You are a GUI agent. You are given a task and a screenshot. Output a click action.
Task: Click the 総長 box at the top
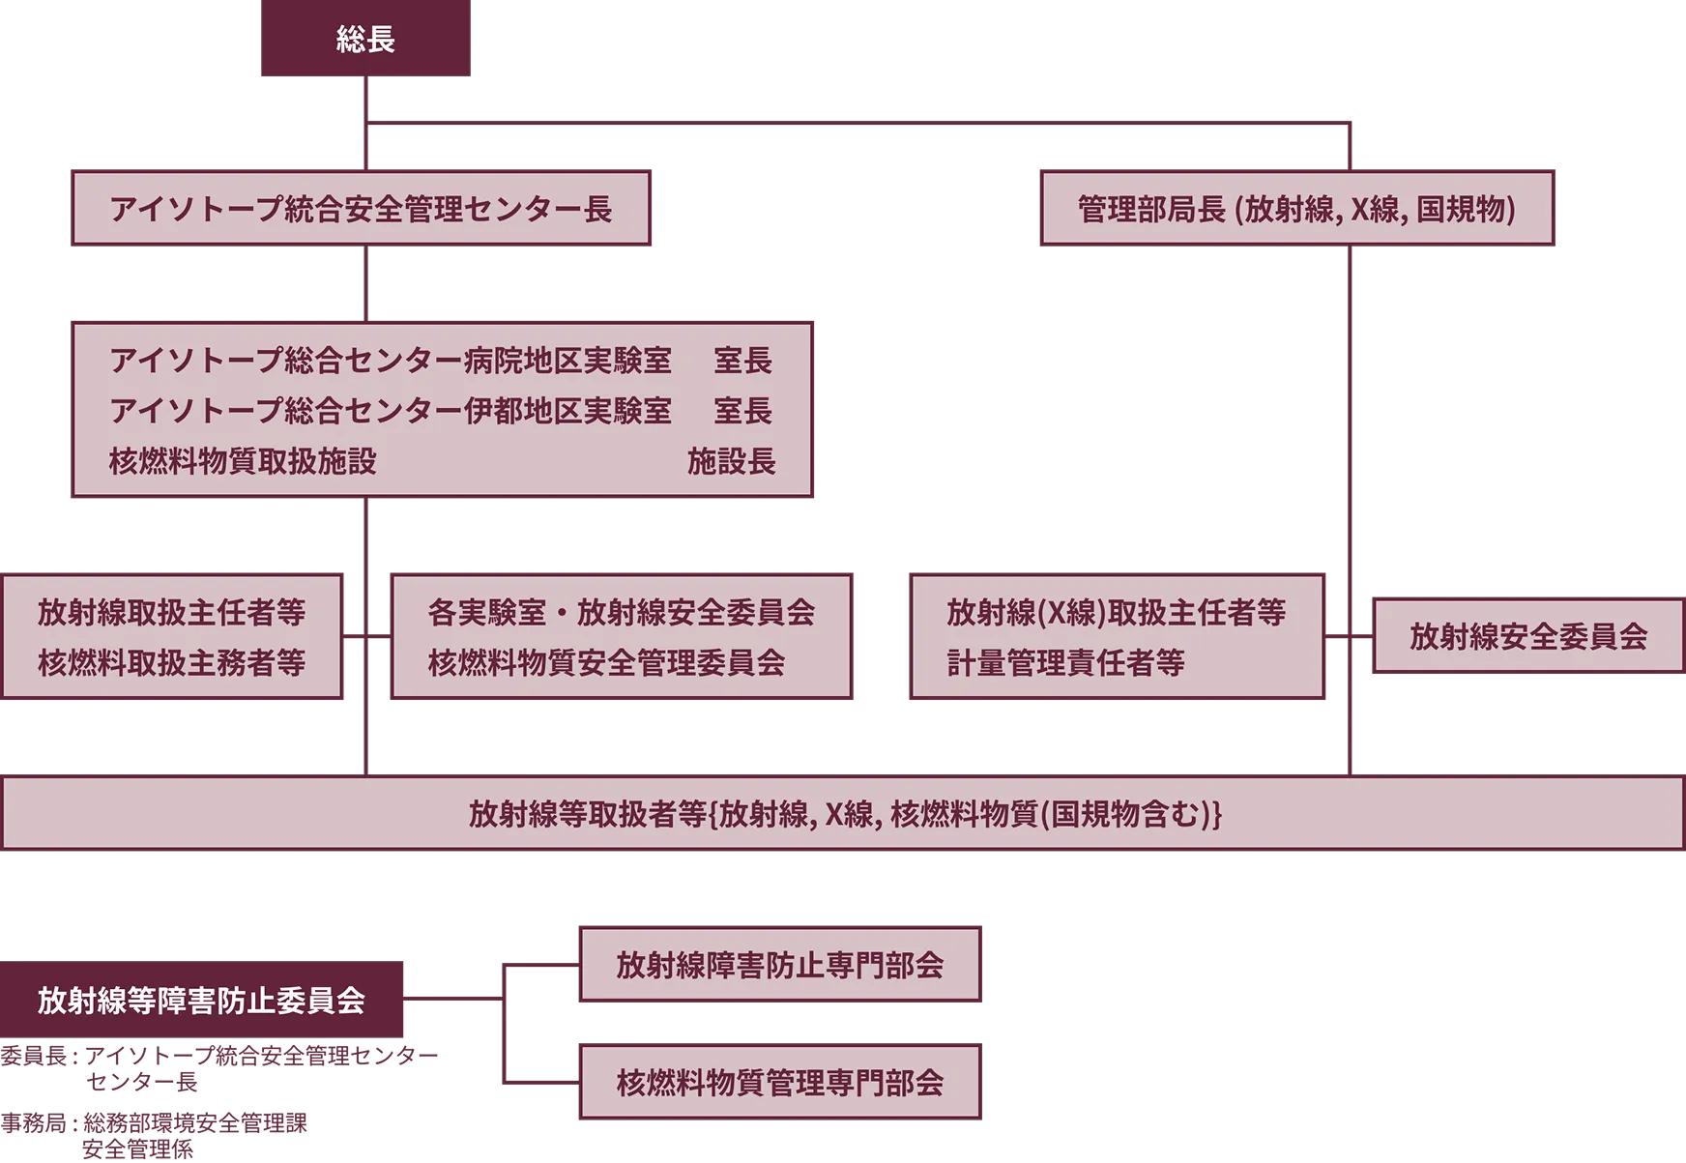[x=365, y=38]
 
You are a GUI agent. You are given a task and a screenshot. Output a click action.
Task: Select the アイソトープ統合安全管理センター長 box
[x=361, y=208]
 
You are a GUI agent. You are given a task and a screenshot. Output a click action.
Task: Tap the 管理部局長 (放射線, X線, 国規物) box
[x=1297, y=208]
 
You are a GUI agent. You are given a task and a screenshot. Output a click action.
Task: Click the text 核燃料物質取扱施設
[x=243, y=461]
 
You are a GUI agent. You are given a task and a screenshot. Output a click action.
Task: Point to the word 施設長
[x=732, y=461]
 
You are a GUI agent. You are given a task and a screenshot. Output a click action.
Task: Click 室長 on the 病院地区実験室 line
[x=742, y=361]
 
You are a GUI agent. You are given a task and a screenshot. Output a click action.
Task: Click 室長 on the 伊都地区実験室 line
[x=742, y=411]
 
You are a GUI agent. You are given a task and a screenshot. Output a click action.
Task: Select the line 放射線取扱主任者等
[x=171, y=612]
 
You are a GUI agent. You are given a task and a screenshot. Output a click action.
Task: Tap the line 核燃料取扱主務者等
[x=171, y=662]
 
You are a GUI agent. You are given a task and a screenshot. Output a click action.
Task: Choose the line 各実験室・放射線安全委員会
[x=621, y=612]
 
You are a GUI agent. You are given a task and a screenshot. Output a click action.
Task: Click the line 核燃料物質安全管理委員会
[x=606, y=662]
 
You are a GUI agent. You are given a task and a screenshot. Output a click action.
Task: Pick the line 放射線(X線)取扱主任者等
[x=1116, y=612]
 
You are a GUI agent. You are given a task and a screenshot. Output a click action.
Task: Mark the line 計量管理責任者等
[x=1065, y=662]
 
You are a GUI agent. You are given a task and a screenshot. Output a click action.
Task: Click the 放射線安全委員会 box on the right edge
[x=1528, y=635]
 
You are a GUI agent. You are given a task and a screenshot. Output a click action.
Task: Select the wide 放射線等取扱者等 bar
[x=843, y=813]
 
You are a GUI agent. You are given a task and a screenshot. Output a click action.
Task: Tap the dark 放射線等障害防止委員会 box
[x=201, y=1000]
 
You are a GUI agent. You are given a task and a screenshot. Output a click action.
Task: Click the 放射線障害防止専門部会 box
[x=780, y=964]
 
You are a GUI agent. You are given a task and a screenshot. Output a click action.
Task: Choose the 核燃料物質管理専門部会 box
[x=780, y=1082]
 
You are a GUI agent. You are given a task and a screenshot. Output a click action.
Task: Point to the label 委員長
[x=33, y=1056]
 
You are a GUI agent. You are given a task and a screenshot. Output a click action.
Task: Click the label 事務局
[x=33, y=1122]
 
